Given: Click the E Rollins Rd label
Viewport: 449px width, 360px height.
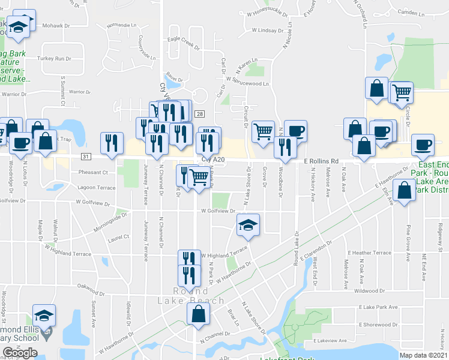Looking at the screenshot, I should pyautogui.click(x=321, y=161).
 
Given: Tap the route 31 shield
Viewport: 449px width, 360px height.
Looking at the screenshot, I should pyautogui.click(x=86, y=157).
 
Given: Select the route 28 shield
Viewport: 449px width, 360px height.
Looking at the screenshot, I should pyautogui.click(x=199, y=114).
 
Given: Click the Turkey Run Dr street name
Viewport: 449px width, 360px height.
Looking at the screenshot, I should pyautogui.click(x=54, y=59).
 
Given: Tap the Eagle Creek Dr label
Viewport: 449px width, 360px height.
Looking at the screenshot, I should pyautogui.click(x=183, y=39).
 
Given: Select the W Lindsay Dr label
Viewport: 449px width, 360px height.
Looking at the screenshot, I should pyautogui.click(x=267, y=29).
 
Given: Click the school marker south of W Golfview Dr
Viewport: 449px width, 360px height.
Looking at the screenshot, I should pyautogui.click(x=248, y=226).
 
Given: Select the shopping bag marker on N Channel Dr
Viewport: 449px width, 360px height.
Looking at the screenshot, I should pyautogui.click(x=198, y=314).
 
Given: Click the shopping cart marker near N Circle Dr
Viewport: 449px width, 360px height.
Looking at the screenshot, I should pyautogui.click(x=402, y=92).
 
